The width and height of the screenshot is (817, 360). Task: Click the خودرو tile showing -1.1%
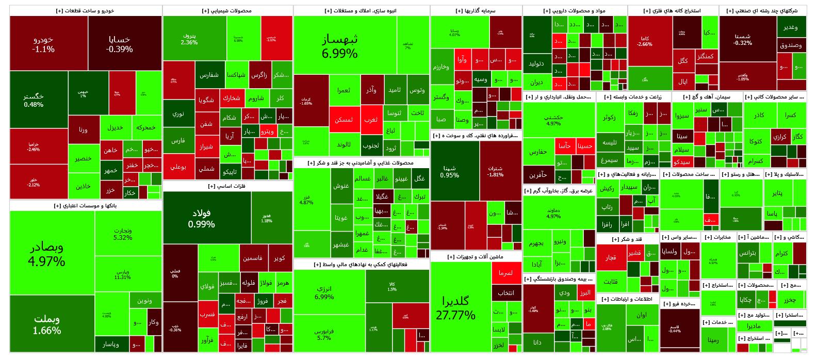click(43, 44)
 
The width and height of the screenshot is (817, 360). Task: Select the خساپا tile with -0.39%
click(119, 44)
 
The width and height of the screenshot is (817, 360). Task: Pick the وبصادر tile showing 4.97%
click(46, 254)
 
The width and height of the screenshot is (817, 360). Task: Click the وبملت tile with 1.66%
click(46, 324)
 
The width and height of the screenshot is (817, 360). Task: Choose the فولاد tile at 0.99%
click(201, 218)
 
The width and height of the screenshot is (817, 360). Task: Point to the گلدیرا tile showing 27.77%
click(455, 308)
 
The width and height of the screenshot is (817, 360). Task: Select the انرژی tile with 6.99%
click(324, 292)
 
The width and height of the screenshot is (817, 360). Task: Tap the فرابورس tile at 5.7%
click(324, 334)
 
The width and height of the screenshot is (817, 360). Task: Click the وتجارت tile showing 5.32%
click(123, 234)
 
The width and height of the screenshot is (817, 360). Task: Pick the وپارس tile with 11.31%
click(123, 274)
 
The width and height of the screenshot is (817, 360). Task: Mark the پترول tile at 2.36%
click(189, 39)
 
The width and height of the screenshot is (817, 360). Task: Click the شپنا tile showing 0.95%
click(449, 171)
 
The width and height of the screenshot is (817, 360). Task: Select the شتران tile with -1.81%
click(496, 171)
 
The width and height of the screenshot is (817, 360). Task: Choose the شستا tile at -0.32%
click(743, 39)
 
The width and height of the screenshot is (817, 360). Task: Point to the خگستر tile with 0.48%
click(34, 100)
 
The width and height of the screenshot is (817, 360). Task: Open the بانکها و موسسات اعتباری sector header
click(86, 206)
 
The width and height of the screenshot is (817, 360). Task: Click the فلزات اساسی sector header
click(227, 186)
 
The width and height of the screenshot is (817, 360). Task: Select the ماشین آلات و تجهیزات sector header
click(476, 257)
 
